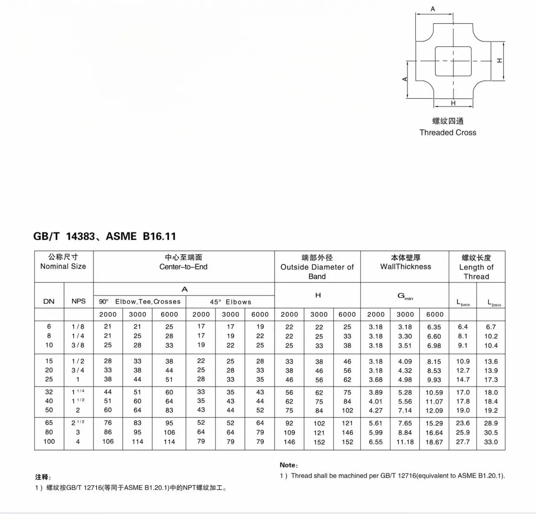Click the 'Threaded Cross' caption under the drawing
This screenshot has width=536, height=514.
point(448,132)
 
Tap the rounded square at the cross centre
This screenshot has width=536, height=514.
point(453,61)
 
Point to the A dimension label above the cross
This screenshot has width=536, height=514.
point(433,9)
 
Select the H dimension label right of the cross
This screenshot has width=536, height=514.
point(499,60)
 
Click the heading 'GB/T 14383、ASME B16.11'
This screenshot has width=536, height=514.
point(104,236)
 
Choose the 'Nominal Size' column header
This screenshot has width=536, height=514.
point(63,266)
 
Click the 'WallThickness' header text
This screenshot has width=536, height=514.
point(406,267)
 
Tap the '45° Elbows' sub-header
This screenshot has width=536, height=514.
point(231,302)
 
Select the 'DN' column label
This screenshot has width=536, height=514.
point(49,302)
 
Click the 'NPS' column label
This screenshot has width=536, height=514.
point(78,302)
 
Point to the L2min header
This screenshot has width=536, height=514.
point(494,302)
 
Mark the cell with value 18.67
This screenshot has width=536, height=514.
point(434,442)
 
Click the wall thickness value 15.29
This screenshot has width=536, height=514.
point(434,423)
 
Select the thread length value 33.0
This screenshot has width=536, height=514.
point(491,442)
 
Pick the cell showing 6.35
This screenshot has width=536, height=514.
point(434,327)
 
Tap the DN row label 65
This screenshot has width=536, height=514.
point(49,423)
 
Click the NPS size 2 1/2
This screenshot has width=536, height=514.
point(78,423)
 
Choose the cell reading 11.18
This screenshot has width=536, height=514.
point(405,442)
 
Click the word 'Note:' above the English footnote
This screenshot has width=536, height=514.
point(289,465)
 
